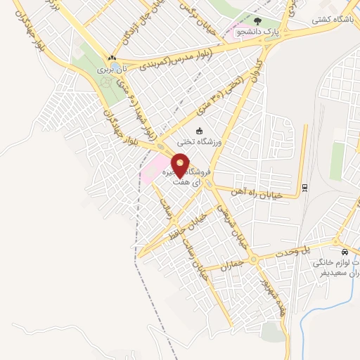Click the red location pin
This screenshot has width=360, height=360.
(x=181, y=165)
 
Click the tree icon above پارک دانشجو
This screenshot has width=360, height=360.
(x=257, y=21)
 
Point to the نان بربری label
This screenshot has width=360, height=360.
(x=112, y=70)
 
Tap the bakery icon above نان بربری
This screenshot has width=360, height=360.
(x=112, y=58)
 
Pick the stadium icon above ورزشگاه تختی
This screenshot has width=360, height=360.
(x=199, y=130)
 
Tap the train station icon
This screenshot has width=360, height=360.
(x=304, y=187)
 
